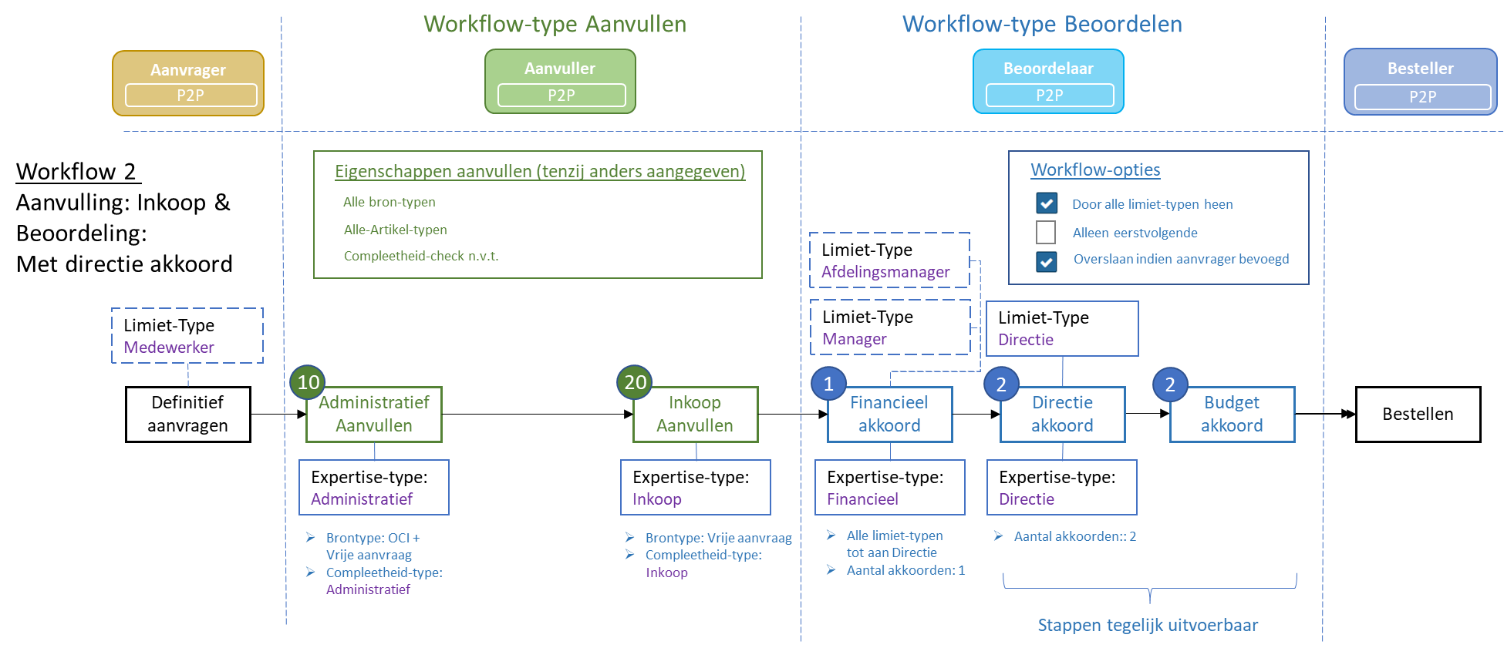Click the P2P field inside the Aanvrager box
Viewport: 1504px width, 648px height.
tap(191, 96)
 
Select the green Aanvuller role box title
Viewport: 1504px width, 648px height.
tap(560, 69)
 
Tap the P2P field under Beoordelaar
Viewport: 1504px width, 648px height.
tap(1049, 96)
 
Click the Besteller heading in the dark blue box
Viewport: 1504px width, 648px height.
tap(1420, 69)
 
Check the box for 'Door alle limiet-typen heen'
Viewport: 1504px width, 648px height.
tap(1047, 203)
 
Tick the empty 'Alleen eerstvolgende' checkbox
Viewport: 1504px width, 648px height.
tap(1046, 232)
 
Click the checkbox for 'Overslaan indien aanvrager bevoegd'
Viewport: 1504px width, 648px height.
tap(1047, 261)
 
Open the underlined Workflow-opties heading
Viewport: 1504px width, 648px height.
tap(1095, 170)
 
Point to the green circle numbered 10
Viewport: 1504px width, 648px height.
tap(308, 382)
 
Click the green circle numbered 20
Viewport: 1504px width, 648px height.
tap(635, 382)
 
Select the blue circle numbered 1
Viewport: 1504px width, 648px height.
tap(828, 384)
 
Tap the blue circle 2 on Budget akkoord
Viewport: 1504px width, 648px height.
tap(1169, 384)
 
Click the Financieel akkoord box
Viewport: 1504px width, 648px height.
tap(889, 415)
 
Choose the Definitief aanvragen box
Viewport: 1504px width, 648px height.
tap(187, 414)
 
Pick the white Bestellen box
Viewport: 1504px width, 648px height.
tap(1418, 414)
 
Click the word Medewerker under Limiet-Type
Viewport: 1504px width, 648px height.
tap(169, 348)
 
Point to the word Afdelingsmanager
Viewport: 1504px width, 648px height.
tap(885, 272)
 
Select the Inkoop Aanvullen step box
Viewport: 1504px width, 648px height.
tap(695, 415)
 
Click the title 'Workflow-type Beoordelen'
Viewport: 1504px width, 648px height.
tap(1042, 25)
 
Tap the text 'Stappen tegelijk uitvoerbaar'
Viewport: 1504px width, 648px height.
tap(1147, 625)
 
